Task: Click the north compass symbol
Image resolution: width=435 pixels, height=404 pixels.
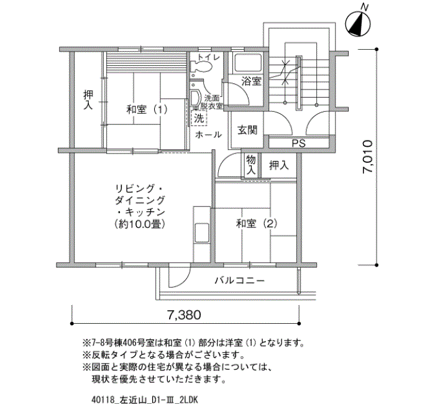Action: (358, 24)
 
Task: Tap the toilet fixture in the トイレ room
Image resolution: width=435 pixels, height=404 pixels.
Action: (201, 67)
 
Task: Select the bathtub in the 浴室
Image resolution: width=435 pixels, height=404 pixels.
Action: (249, 63)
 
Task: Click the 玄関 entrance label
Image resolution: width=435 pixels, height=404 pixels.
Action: (247, 130)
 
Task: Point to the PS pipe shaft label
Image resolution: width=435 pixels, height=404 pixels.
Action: (298, 143)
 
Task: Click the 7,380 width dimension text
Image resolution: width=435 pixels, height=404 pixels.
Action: (184, 315)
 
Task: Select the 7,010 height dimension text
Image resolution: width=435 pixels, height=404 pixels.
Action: (368, 157)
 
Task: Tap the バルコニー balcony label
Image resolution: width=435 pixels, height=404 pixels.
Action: (240, 280)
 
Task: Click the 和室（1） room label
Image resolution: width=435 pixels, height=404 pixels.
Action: (147, 109)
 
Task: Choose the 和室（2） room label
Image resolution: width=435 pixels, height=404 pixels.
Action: (257, 223)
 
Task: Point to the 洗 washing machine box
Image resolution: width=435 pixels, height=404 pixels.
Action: (199, 118)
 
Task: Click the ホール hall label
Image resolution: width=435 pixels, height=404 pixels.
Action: (208, 135)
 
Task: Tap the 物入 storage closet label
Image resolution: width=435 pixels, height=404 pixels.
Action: (251, 165)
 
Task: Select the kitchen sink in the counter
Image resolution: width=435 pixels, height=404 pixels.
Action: (202, 232)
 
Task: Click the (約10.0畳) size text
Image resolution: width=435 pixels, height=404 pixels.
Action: (140, 224)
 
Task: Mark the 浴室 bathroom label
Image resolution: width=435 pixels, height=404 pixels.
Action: (251, 81)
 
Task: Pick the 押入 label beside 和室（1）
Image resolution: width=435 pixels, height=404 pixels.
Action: (88, 100)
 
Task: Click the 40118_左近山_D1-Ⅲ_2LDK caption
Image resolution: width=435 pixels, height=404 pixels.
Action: (145, 400)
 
